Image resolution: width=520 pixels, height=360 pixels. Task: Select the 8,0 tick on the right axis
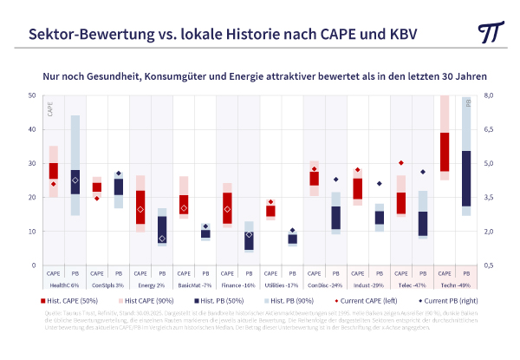(487, 95)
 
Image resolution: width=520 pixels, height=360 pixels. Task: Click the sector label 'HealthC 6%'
(64, 285)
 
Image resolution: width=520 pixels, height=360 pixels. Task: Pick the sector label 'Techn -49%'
(456, 285)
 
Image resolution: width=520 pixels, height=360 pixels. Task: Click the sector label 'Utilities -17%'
(281, 285)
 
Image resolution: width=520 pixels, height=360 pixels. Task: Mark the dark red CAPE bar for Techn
(445, 152)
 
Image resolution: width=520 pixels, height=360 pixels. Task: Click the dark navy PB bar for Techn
(466, 178)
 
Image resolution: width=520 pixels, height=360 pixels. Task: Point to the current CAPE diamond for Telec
(401, 163)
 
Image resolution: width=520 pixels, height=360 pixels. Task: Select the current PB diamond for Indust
(379, 184)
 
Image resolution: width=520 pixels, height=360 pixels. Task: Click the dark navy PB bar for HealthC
(75, 182)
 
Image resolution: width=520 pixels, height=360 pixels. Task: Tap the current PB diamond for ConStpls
(119, 173)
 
